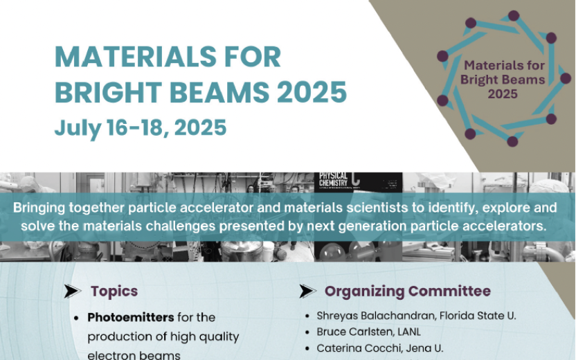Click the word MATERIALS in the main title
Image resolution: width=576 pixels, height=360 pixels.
click(136, 57)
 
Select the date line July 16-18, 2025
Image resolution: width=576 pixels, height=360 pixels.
click(141, 128)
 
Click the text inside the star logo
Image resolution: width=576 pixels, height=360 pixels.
click(503, 80)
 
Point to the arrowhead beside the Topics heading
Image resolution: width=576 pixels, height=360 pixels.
click(73, 291)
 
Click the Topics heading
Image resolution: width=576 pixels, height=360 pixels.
click(114, 291)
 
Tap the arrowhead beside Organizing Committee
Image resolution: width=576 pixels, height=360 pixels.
click(307, 291)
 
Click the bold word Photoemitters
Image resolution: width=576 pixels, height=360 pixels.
click(130, 317)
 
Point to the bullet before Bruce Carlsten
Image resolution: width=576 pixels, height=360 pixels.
click(307, 332)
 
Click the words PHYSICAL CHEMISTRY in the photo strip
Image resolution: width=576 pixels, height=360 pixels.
click(333, 179)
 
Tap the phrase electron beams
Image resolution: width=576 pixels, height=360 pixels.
click(134, 355)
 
